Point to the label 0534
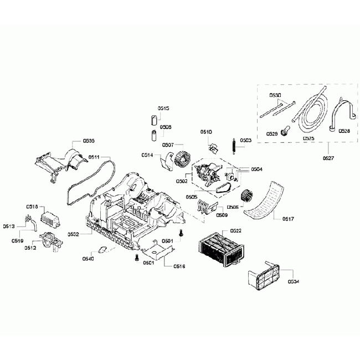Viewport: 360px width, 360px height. click(294, 281)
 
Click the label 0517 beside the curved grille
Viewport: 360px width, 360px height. click(287, 219)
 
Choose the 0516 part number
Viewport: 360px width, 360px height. click(179, 266)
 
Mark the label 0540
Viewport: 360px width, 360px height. click(88, 258)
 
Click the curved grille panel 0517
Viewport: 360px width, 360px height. click(265, 199)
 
